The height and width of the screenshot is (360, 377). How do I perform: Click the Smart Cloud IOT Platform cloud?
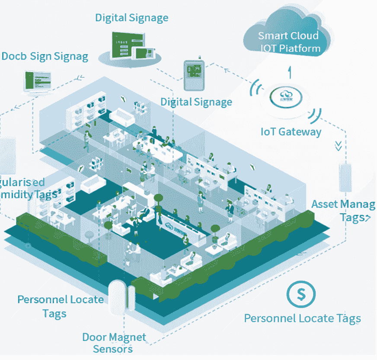(289, 35)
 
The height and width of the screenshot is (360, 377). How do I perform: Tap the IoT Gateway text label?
(291, 131)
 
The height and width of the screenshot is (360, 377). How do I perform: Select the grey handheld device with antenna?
(194, 75)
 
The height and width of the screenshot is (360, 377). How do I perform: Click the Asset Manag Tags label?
(344, 210)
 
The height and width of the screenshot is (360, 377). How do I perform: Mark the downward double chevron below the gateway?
(339, 145)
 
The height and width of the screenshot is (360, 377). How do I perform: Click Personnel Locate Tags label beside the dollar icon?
(302, 319)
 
